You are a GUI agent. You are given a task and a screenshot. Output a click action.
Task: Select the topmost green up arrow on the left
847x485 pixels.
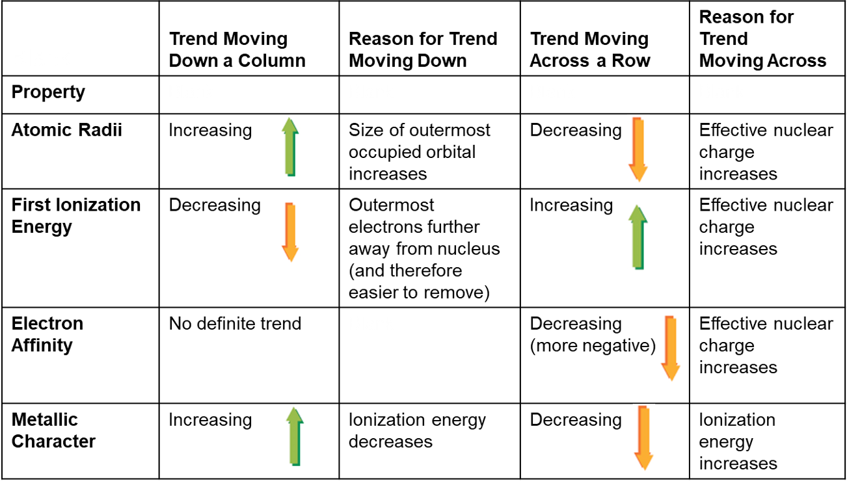tap(290, 147)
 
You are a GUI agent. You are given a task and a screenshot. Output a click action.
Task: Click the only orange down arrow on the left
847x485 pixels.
tap(290, 232)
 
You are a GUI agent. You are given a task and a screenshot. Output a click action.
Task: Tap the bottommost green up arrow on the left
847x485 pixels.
tap(295, 436)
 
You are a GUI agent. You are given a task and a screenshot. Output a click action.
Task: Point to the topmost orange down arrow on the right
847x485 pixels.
tap(638, 150)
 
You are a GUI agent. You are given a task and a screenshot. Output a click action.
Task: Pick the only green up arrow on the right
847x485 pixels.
tap(638, 237)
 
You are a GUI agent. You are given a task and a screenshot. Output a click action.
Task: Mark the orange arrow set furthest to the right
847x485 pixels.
tap(671, 348)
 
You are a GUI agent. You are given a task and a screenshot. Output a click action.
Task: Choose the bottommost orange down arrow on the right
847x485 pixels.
tap(643, 438)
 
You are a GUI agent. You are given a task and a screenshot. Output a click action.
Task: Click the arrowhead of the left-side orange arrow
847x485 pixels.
tap(290, 254)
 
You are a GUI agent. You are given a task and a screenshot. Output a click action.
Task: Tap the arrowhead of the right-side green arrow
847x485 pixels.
tap(638, 213)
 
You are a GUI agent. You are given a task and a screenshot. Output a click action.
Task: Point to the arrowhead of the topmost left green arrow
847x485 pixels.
tap(290, 125)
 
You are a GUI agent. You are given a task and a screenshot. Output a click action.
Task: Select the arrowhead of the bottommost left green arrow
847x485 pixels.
tap(295, 415)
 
